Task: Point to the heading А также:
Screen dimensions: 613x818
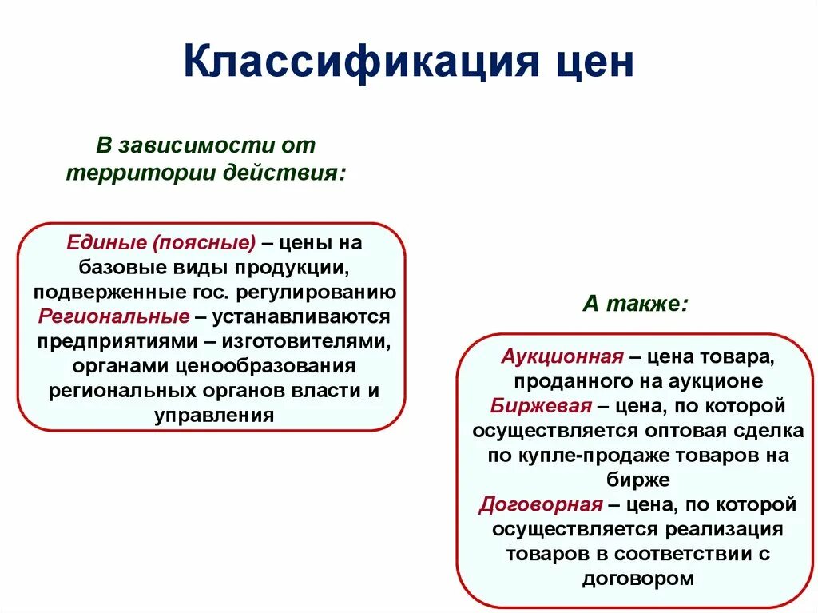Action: pyautogui.click(x=635, y=304)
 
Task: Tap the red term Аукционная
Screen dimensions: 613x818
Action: pyautogui.click(x=562, y=356)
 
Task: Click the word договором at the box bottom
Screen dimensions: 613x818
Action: pyautogui.click(x=637, y=578)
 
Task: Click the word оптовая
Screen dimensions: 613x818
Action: pyautogui.click(x=686, y=431)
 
